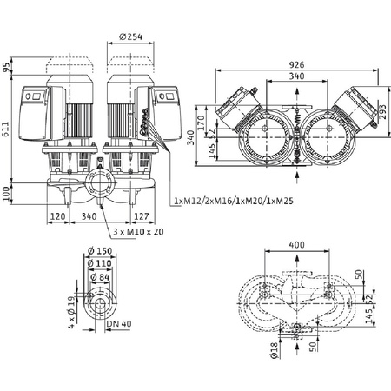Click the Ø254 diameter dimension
pos(131,36)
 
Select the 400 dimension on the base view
pos(297,245)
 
